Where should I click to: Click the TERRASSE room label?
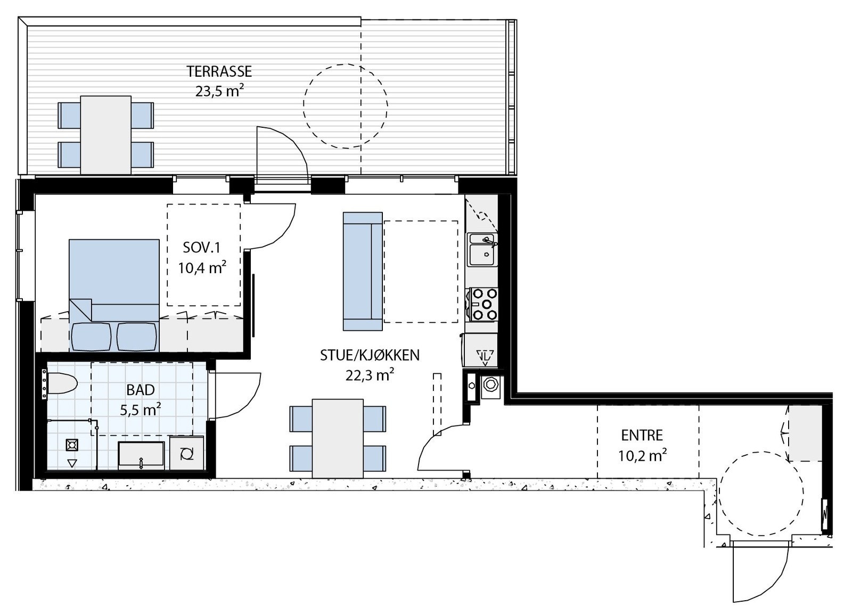pos(219,71)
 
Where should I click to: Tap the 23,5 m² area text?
pos(219,92)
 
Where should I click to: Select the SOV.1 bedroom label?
pos(202,248)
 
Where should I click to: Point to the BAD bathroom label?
pos(141,390)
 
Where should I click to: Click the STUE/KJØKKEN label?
pos(370,355)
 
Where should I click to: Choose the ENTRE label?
pos(642,436)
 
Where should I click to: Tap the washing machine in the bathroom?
pos(186,454)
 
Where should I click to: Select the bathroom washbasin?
pos(141,454)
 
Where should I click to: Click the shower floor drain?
pos(72,445)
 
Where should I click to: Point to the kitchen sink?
pos(482,250)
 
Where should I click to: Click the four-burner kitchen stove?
pos(484,304)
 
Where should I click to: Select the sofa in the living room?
pos(363,271)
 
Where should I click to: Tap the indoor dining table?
pos(338,438)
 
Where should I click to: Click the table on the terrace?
pos(106,135)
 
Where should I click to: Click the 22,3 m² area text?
pos(370,375)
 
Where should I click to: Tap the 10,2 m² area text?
pos(642,455)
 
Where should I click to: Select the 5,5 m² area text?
pos(141,410)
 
